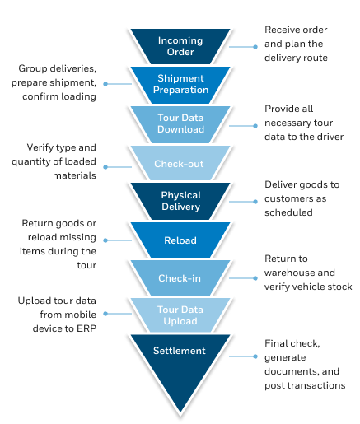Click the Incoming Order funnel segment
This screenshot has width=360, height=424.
pos(180,46)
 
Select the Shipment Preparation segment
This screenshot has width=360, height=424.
pos(180,84)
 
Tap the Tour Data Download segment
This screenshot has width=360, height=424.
pos(180,123)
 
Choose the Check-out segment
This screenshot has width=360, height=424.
pos(180,164)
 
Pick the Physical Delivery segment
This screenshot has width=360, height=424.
pos(180,201)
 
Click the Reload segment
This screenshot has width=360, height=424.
pos(180,240)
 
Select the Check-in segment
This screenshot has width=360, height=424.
pos(180,278)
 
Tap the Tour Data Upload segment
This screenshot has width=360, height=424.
pos(180,315)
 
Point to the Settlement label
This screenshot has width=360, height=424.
pos(180,351)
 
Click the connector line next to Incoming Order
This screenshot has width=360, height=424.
pos(245,47)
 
